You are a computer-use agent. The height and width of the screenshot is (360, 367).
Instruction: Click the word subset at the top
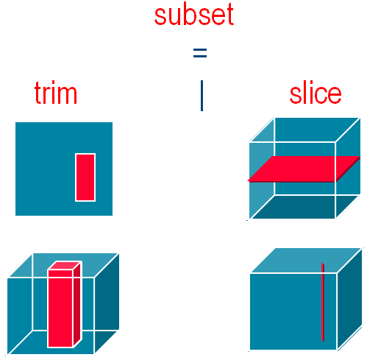(x=194, y=15)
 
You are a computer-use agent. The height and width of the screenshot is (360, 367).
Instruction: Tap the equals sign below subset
(x=200, y=53)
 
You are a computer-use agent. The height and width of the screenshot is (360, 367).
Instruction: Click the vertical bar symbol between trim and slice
(x=202, y=96)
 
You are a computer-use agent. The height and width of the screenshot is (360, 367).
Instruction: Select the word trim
(x=56, y=93)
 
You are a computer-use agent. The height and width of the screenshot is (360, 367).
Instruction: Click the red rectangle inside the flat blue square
(x=85, y=177)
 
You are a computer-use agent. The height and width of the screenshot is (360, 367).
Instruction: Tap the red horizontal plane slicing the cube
(x=304, y=169)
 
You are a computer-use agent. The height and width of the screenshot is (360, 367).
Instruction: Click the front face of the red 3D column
(x=60, y=308)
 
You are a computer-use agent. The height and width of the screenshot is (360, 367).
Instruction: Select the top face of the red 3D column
(x=64, y=265)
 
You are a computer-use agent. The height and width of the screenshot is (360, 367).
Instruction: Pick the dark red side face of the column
(x=77, y=304)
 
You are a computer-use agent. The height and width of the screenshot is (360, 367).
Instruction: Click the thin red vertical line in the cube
(x=323, y=302)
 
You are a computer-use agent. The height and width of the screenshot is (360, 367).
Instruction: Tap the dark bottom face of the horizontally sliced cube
(x=304, y=207)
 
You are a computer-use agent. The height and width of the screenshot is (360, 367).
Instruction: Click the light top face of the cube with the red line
(x=306, y=260)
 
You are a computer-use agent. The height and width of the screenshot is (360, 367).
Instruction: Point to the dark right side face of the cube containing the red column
(x=107, y=303)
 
